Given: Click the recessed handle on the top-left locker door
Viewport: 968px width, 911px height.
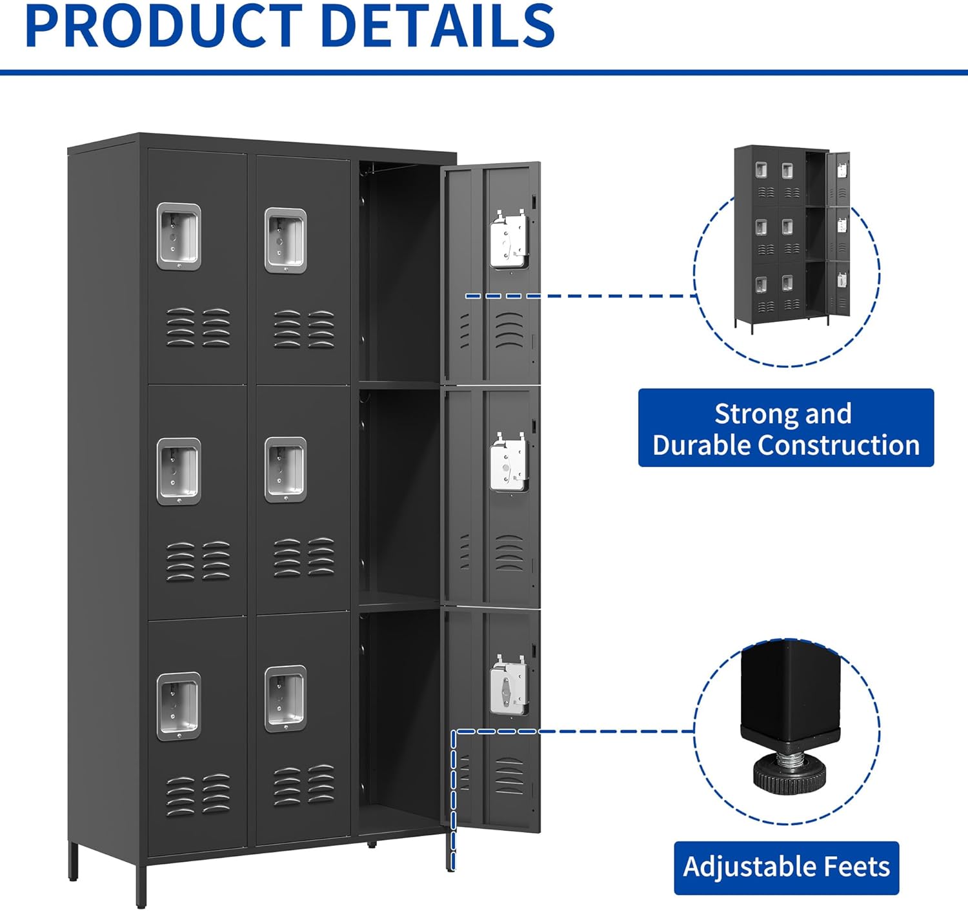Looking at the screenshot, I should (179, 236).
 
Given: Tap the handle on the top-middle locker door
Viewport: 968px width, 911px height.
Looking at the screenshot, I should (285, 240).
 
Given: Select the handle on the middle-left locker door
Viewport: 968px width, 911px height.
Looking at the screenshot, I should (179, 471).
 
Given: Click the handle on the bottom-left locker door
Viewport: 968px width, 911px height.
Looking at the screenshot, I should (179, 706).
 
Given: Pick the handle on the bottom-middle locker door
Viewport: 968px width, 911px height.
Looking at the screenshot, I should (285, 699).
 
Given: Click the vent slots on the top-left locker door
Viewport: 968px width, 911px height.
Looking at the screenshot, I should (198, 327).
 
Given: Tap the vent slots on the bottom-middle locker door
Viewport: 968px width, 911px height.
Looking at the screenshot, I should (303, 785).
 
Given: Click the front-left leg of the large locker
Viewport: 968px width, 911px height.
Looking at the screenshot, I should (141, 885).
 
